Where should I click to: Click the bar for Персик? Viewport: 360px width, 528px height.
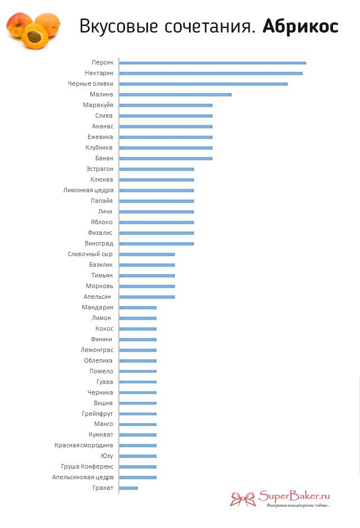pyautogui.click(x=213, y=63)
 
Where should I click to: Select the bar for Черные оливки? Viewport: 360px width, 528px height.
pyautogui.click(x=204, y=84)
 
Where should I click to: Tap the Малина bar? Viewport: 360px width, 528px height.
pyautogui.click(x=176, y=95)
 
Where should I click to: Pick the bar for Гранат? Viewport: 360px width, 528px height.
pyautogui.click(x=128, y=488)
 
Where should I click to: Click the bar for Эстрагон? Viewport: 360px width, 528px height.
pyautogui.click(x=156, y=169)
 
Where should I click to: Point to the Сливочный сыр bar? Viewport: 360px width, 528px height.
pyautogui.click(x=147, y=254)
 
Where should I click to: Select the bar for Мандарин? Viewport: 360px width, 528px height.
pyautogui.click(x=138, y=307)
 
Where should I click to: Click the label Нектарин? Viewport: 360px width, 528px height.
pyautogui.click(x=99, y=73)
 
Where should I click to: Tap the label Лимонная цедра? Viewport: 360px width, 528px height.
pyautogui.click(x=89, y=190)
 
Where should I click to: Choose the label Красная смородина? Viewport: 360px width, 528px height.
pyautogui.click(x=84, y=445)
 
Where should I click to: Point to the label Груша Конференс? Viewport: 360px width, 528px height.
pyautogui.click(x=87, y=467)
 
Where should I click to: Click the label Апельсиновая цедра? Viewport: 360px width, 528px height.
pyautogui.click(x=83, y=477)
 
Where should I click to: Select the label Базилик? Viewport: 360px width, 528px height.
pyautogui.click(x=101, y=265)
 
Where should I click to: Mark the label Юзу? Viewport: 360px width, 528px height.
pyautogui.click(x=107, y=456)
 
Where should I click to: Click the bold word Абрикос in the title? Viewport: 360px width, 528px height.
pyautogui.click(x=301, y=26)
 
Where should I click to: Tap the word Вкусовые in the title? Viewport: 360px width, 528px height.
pyautogui.click(x=118, y=26)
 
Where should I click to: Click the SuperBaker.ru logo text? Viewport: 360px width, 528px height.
pyautogui.click(x=294, y=496)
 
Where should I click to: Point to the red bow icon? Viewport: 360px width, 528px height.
pyautogui.click(x=242, y=499)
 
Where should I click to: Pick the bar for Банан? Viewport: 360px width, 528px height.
pyautogui.click(x=166, y=159)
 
